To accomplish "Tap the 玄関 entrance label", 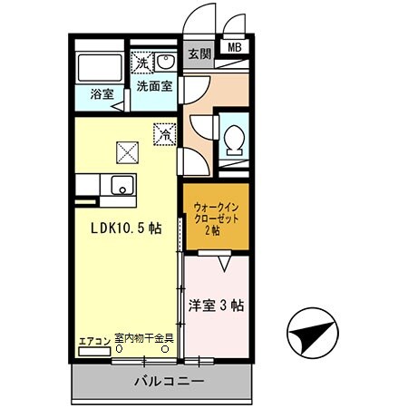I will click(x=199, y=53).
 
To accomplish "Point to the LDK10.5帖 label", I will click(x=124, y=228).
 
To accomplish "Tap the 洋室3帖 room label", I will click(x=216, y=305).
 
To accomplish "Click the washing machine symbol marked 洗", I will click(x=142, y=63).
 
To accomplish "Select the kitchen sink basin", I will click(x=121, y=185).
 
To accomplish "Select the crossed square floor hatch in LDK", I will click(x=125, y=151).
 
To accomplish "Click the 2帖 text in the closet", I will click(x=215, y=230).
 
